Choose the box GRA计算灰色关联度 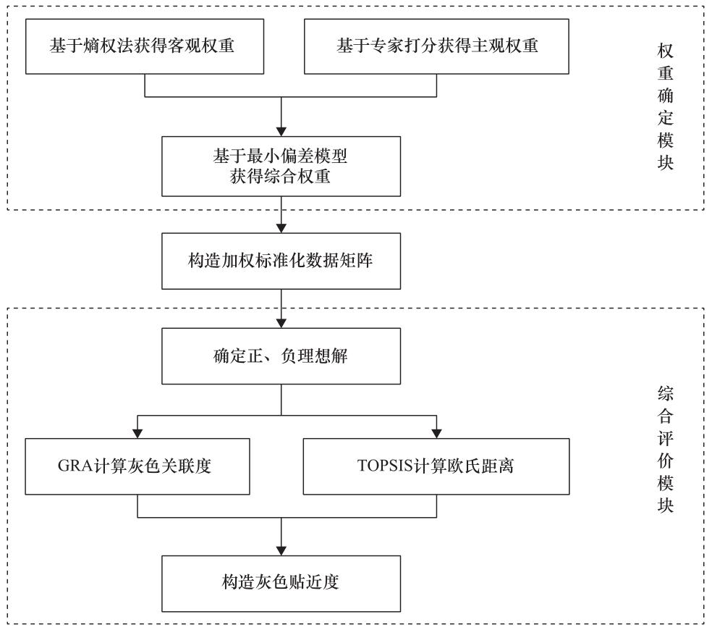(x=137, y=466)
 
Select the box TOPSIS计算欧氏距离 (x=436, y=466)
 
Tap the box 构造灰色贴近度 (x=280, y=583)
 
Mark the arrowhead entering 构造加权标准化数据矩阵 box (x=280, y=227)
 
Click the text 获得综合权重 (x=280, y=177)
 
